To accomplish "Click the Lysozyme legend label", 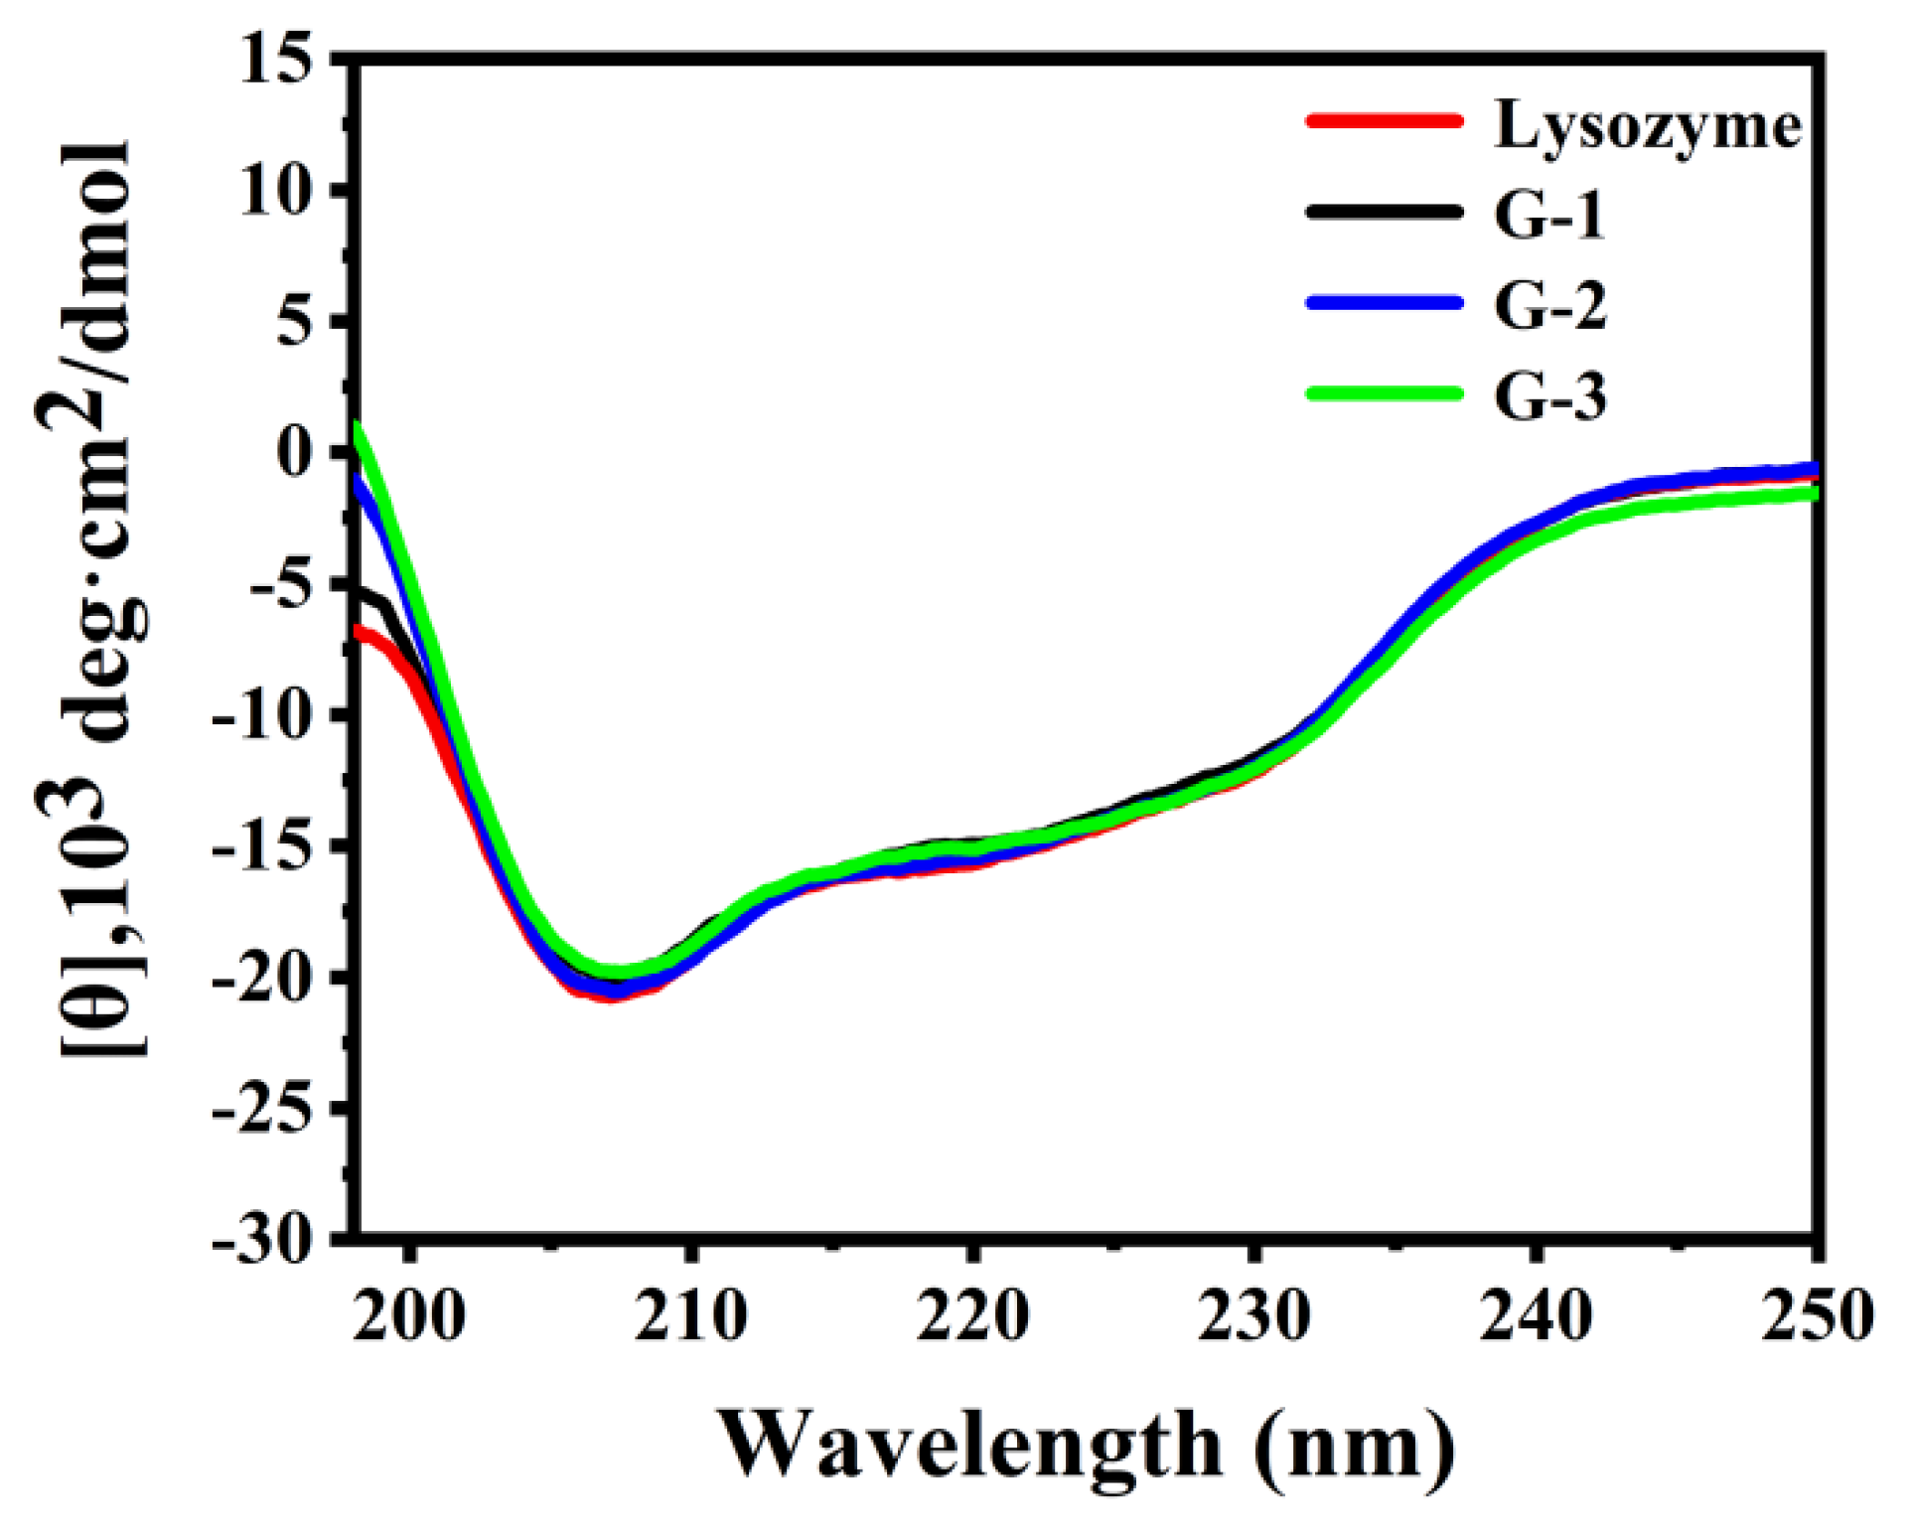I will (x=1647, y=126).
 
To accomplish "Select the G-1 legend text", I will (x=1549, y=216).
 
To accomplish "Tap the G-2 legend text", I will (x=1549, y=305).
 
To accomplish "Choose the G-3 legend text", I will (x=1549, y=395).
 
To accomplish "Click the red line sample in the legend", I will (x=1385, y=121).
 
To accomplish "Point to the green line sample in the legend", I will (x=1385, y=392).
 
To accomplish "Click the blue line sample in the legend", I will (x=1385, y=302).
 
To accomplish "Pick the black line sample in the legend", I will (x=1385, y=212).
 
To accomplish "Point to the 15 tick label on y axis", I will (x=287, y=62).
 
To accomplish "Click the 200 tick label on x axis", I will (x=408, y=1316).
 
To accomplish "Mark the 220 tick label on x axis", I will (x=972, y=1316).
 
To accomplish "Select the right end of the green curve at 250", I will (x=1813, y=493).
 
